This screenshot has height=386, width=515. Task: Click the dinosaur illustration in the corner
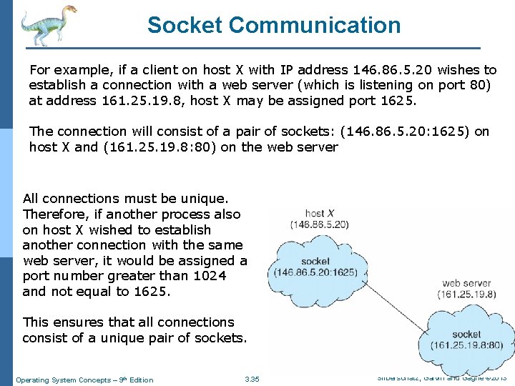tap(46, 24)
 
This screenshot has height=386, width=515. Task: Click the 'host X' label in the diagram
tap(315, 213)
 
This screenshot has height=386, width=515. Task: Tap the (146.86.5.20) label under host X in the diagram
tap(319, 224)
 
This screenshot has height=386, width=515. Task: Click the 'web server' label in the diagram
tap(466, 283)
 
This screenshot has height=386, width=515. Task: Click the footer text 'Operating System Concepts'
tap(65, 380)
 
